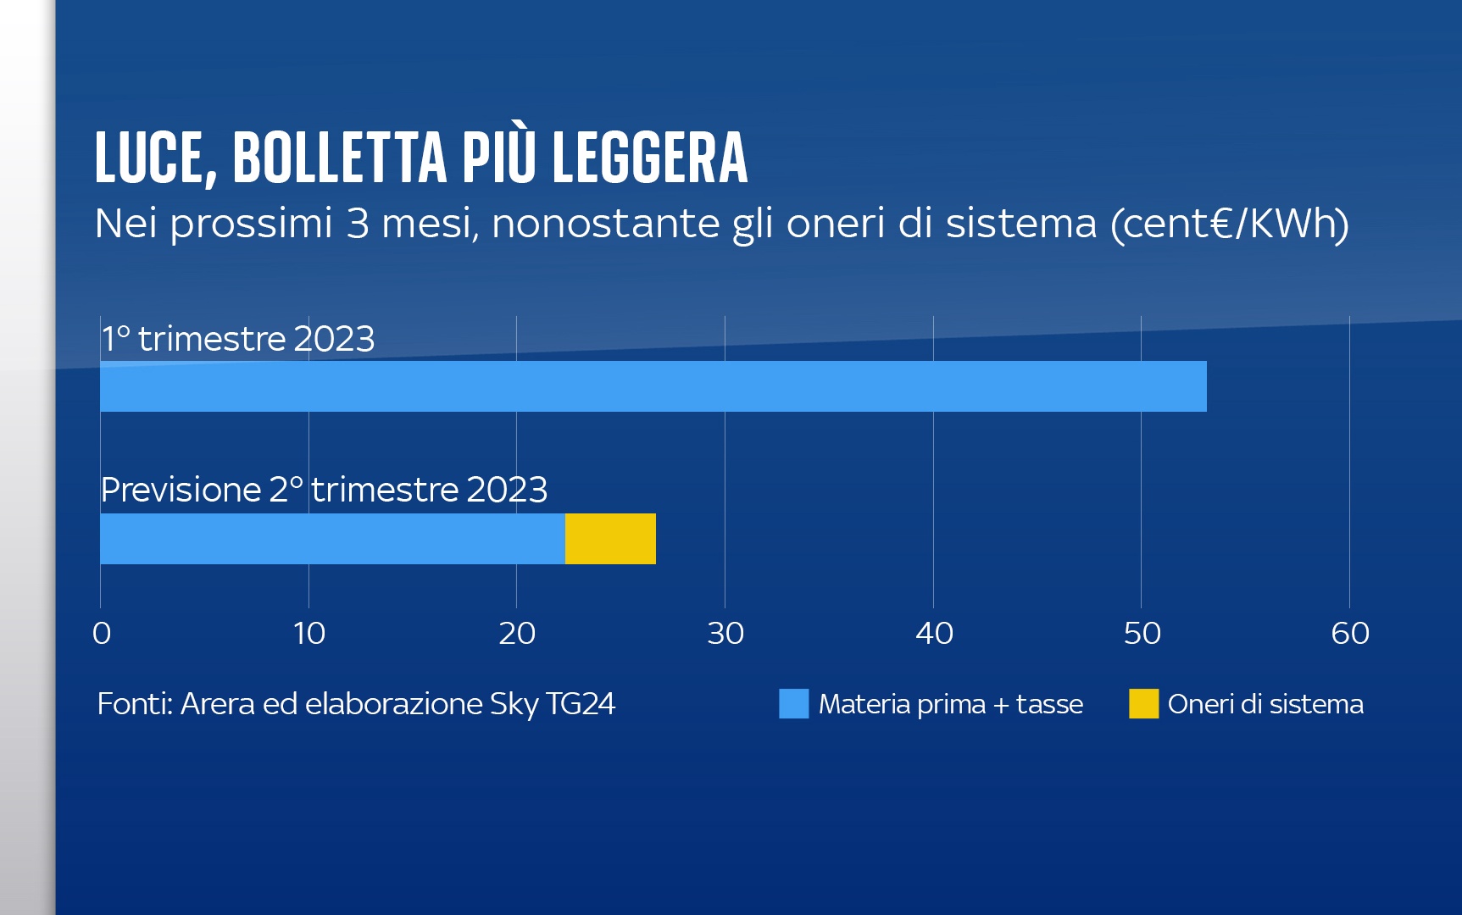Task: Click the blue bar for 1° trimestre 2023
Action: pyautogui.click(x=653, y=386)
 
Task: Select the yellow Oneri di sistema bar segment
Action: pyautogui.click(x=610, y=539)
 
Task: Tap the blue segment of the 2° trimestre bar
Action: pyautogui.click(x=332, y=539)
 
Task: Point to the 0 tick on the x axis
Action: pyautogui.click(x=102, y=633)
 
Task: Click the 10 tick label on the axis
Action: pyautogui.click(x=309, y=633)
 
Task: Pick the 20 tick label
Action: pyautogui.click(x=517, y=633)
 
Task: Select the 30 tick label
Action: pyautogui.click(x=725, y=633)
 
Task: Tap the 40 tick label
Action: pyautogui.click(x=934, y=633)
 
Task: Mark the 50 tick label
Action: pyautogui.click(x=1142, y=633)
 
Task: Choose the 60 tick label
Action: pyautogui.click(x=1350, y=633)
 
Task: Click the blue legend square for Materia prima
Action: pyautogui.click(x=793, y=704)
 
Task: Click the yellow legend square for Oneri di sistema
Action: pyautogui.click(x=1143, y=704)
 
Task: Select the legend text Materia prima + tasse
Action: pyautogui.click(x=950, y=704)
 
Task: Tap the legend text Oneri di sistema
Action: pyautogui.click(x=1265, y=704)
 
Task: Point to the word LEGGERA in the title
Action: pyautogui.click(x=650, y=158)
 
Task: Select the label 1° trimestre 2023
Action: pyautogui.click(x=238, y=339)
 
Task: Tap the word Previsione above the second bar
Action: pyautogui.click(x=181, y=490)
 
